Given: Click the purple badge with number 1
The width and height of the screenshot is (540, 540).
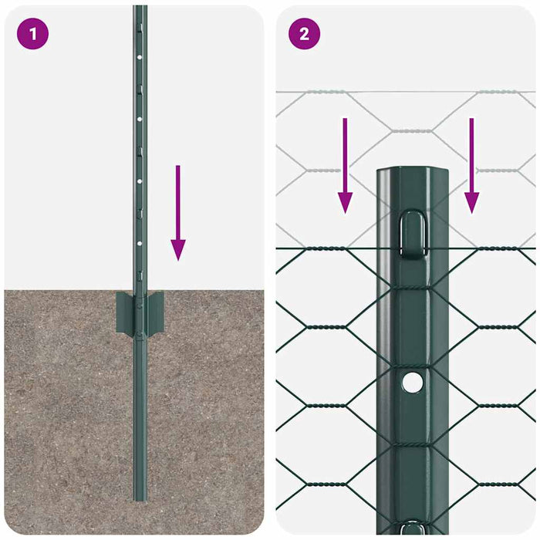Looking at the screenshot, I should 32,34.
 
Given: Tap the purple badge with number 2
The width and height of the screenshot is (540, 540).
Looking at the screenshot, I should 304,34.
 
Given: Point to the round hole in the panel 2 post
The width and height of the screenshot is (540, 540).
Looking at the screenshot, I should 413,380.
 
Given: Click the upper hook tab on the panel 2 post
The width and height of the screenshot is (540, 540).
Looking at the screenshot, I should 413,231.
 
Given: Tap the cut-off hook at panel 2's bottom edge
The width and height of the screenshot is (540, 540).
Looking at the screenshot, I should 413,529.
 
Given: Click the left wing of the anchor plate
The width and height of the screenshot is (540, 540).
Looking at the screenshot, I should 123,312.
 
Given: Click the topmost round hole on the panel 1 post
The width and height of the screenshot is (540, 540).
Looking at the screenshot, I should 140,57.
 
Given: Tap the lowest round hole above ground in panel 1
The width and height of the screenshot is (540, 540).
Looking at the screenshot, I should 140,241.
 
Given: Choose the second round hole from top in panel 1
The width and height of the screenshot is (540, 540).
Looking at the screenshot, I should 140,120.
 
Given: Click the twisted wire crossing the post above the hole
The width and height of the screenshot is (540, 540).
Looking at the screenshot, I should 413,288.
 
